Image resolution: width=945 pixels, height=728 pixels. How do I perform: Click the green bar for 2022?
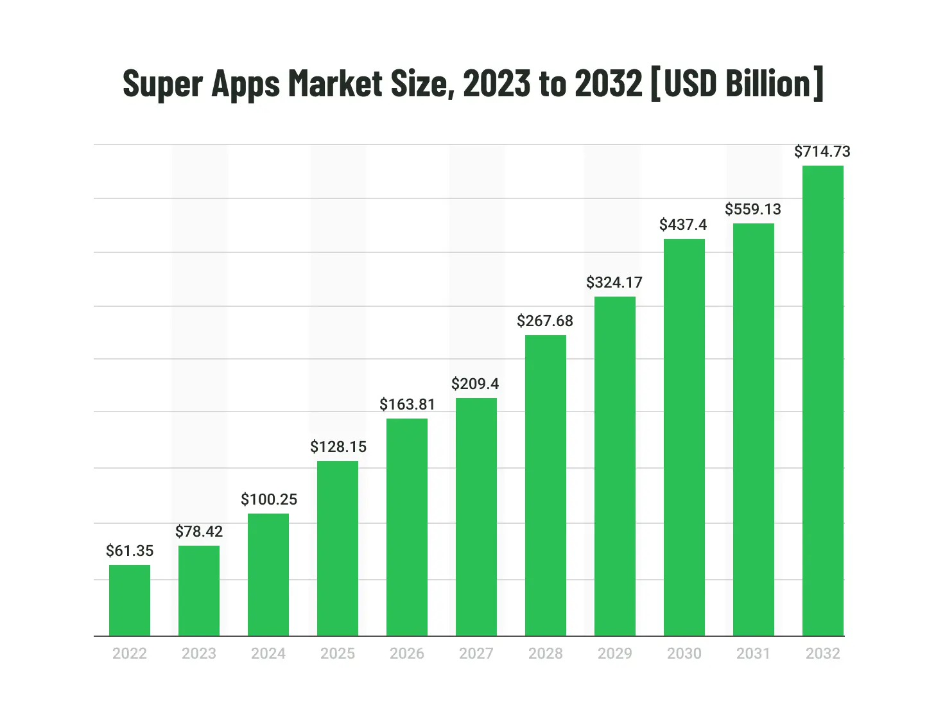point(130,600)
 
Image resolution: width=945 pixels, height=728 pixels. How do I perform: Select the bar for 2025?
point(338,548)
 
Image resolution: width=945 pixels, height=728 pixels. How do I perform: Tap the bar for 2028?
point(546,485)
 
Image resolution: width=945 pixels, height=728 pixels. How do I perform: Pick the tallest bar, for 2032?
point(823,401)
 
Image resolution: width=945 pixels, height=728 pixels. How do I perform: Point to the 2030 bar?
point(684,437)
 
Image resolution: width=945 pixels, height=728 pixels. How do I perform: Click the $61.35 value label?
point(130,551)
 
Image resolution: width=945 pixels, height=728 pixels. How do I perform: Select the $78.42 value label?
point(199,532)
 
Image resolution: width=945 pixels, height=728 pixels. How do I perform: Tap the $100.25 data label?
point(269,499)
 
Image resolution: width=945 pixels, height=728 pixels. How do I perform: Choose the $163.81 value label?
point(407,404)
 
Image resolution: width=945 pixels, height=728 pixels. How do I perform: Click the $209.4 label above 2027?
point(475,384)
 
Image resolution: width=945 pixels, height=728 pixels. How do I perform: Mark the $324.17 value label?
point(614,282)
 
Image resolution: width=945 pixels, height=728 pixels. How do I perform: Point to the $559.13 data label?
point(753,209)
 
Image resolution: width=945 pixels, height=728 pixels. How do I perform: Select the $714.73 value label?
point(822,152)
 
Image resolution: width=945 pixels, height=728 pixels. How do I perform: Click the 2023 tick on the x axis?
point(199,654)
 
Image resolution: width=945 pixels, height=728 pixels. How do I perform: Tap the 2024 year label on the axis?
point(268,654)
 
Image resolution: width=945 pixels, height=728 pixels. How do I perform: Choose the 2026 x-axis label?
point(407,654)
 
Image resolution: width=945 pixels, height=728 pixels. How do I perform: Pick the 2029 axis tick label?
point(615,654)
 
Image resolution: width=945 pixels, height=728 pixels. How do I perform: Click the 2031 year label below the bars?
point(753,654)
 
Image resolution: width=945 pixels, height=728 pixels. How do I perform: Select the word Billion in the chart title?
point(769,83)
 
